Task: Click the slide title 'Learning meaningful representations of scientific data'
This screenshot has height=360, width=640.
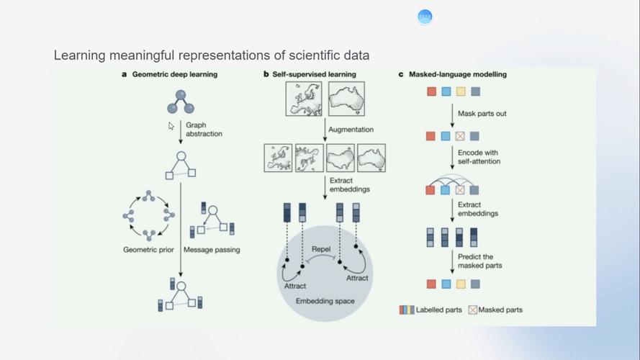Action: [212, 55]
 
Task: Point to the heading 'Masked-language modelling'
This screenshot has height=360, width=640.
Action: [457, 74]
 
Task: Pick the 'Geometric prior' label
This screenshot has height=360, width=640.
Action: [147, 250]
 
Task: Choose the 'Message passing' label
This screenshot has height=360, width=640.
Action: [212, 250]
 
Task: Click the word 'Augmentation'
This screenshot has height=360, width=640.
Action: [351, 130]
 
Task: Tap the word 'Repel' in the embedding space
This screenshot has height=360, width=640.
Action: [321, 249]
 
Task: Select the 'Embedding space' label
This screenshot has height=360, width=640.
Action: [325, 300]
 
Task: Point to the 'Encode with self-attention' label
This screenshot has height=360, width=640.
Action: [479, 157]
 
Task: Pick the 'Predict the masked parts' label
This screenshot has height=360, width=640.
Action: [478, 261]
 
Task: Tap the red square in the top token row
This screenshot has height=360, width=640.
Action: [431, 91]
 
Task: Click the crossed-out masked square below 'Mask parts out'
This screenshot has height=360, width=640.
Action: [460, 136]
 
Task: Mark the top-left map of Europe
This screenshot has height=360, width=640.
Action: [302, 99]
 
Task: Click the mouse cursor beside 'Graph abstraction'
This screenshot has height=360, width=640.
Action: [171, 126]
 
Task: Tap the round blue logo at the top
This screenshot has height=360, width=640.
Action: [425, 17]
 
